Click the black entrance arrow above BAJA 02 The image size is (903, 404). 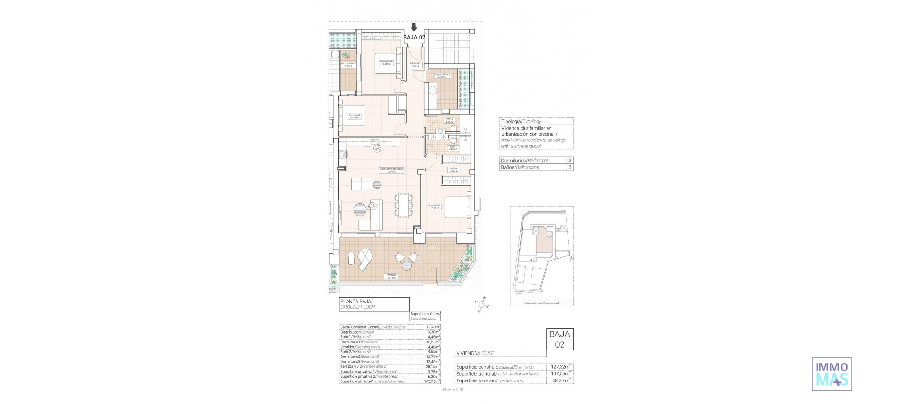(x=414, y=27)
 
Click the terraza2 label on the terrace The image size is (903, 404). (x=391, y=276)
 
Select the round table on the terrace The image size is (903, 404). (x=406, y=266)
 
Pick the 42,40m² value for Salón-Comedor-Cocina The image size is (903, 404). (x=433, y=327)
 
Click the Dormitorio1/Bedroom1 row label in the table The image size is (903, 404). (x=359, y=342)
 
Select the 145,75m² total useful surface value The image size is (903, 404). (x=432, y=381)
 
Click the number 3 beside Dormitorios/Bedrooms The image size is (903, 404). (x=570, y=160)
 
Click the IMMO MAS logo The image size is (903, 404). (x=832, y=374)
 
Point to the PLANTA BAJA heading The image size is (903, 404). (x=356, y=301)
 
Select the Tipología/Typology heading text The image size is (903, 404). (x=521, y=121)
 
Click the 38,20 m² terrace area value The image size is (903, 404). (x=561, y=381)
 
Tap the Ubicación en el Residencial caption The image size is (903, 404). (x=541, y=303)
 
